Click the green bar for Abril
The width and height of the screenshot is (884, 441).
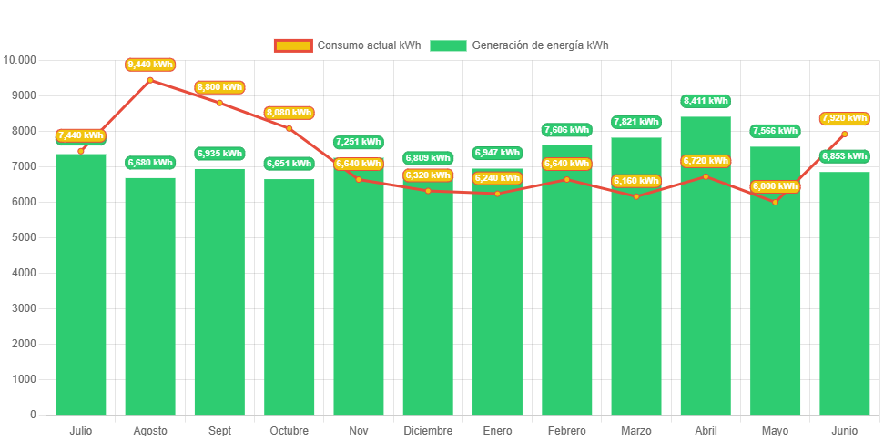coord(706,273)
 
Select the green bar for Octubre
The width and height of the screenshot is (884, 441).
coord(289,300)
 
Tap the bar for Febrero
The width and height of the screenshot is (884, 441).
coord(566,291)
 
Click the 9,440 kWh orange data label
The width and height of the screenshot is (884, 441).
coord(150,65)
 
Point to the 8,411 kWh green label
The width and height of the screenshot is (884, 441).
coord(706,101)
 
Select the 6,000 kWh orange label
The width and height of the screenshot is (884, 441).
coord(775,186)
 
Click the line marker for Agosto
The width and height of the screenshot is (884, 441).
coord(150,80)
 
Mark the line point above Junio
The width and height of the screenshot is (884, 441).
coord(845,135)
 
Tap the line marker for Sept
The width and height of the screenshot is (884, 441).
coord(219,103)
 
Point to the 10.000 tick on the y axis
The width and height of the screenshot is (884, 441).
coord(20,60)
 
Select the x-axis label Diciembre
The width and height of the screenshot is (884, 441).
coord(428,430)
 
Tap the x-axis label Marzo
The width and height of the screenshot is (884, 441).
coord(635,430)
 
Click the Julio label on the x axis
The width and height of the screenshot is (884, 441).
coord(80,430)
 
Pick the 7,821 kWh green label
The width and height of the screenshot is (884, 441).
coord(635,122)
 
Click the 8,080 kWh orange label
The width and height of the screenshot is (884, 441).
coord(289,113)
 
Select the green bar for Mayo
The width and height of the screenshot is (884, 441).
coord(775,291)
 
